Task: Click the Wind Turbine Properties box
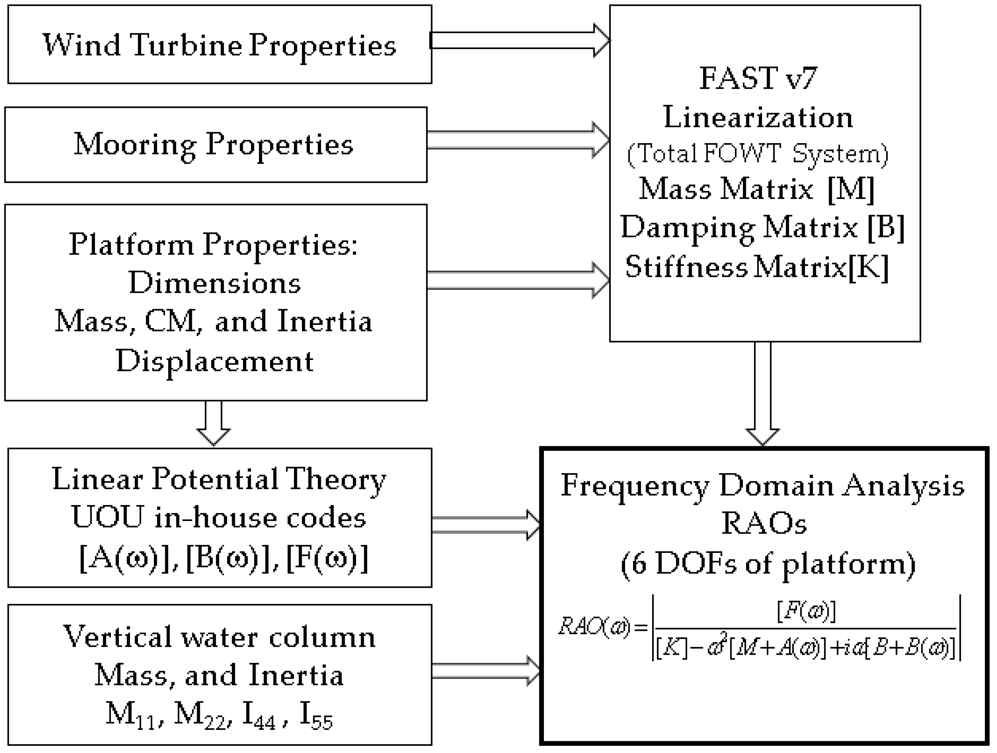(220, 44)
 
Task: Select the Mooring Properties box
(215, 144)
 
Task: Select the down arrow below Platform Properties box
(213, 423)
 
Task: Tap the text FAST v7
(758, 78)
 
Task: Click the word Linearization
(758, 117)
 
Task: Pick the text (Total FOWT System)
(758, 154)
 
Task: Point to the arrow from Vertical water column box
(485, 671)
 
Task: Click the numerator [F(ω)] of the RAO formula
(806, 612)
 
